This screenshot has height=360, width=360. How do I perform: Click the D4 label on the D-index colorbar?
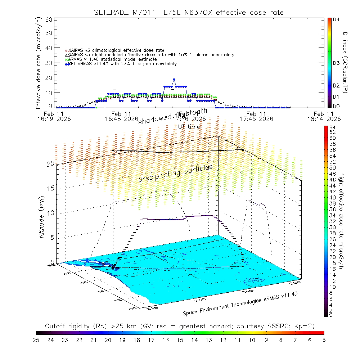tap(337, 20)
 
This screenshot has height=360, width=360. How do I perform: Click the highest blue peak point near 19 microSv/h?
tap(174, 80)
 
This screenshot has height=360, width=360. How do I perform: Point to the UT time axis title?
tap(189, 127)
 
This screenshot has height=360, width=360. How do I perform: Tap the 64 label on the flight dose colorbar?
tap(332, 127)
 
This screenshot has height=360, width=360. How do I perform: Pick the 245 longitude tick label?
tap(248, 290)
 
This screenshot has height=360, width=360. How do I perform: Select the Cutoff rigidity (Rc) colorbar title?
tap(180, 326)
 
